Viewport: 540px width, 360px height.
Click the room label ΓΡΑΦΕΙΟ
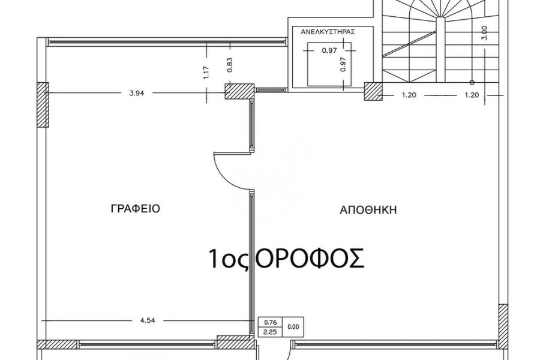tap(136, 209)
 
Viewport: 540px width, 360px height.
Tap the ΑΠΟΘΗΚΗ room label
tap(368, 210)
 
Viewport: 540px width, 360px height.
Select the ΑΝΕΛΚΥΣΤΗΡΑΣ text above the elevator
tap(328, 32)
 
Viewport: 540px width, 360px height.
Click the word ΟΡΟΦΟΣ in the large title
tap(311, 259)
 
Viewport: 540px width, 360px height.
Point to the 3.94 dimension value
tap(136, 93)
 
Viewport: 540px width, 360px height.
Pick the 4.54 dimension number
tap(148, 320)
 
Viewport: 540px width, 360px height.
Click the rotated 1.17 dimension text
tap(206, 73)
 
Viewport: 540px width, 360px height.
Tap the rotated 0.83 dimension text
tap(230, 64)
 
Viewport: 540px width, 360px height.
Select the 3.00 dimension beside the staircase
tap(485, 34)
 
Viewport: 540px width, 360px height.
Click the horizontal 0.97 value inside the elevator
tap(329, 50)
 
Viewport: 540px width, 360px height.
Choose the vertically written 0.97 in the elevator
tap(343, 64)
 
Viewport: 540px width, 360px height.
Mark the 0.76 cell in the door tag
tap(271, 322)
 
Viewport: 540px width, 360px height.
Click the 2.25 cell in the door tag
tap(271, 332)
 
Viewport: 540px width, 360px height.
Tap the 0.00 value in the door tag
tap(293, 327)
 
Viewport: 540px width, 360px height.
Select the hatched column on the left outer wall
tap(43, 105)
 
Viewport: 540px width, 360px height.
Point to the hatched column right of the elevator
tap(373, 91)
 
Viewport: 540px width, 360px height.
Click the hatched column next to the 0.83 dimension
tap(239, 91)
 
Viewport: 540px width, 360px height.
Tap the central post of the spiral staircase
tap(440, 49)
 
